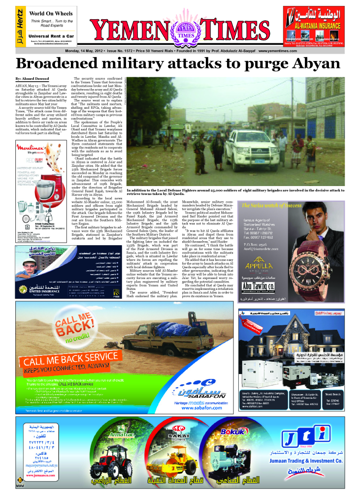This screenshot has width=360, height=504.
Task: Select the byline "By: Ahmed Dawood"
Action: pos(32,79)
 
